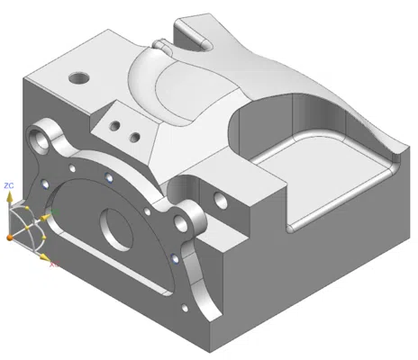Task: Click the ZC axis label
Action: [x=9, y=184]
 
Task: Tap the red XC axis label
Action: [x=53, y=265]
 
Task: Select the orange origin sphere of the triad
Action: [x=10, y=236]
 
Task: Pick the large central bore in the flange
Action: [x=116, y=229]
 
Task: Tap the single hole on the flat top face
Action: [x=81, y=76]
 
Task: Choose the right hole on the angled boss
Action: [x=135, y=138]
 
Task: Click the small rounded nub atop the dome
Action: [x=160, y=44]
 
